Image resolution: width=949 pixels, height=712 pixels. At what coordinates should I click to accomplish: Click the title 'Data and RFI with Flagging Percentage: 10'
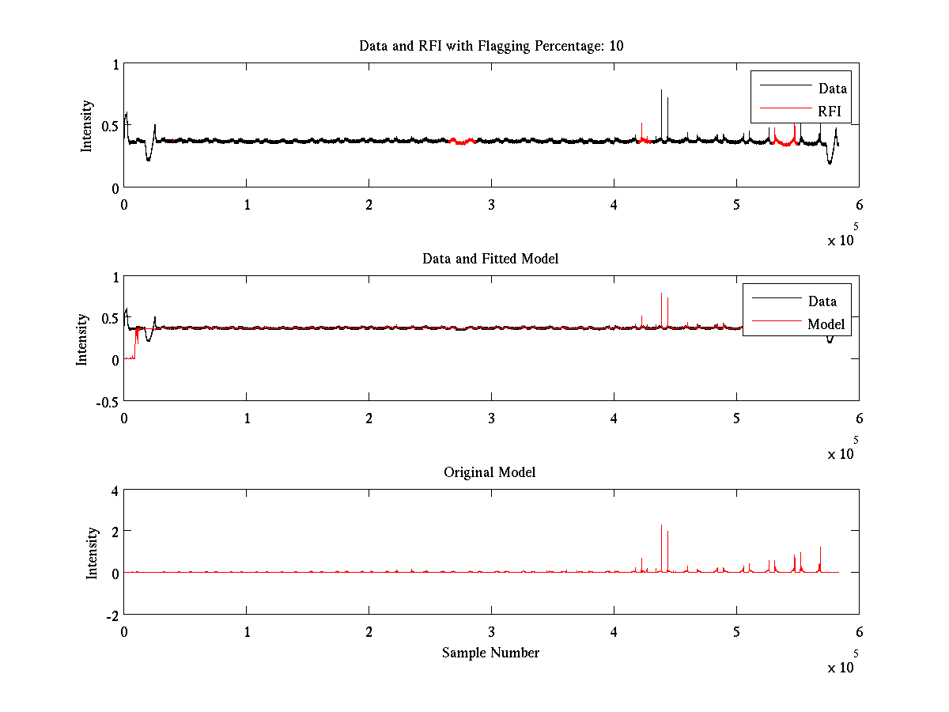(x=491, y=46)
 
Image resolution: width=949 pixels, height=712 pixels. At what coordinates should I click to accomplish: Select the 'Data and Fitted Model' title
(x=490, y=259)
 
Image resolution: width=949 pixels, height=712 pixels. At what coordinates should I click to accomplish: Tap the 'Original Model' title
(x=490, y=472)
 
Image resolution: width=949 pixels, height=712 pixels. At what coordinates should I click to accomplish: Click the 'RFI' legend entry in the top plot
(x=830, y=112)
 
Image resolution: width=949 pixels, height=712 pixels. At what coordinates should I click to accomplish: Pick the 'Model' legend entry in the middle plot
(x=826, y=324)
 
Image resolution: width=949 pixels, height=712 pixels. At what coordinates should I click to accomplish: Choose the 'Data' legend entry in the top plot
(x=832, y=89)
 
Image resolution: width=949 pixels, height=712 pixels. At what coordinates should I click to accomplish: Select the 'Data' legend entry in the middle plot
(x=822, y=301)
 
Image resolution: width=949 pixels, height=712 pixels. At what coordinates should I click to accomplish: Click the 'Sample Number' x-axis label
(x=490, y=653)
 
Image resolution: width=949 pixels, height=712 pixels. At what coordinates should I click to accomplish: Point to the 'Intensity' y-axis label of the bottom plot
(x=92, y=553)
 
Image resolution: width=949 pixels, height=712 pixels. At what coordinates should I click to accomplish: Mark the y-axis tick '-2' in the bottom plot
(x=110, y=615)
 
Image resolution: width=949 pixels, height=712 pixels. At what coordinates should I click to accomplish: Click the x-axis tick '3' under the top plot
(x=492, y=203)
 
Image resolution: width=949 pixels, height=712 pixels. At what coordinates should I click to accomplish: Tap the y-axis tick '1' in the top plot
(x=115, y=65)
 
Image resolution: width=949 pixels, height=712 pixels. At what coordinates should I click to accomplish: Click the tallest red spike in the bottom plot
(x=661, y=526)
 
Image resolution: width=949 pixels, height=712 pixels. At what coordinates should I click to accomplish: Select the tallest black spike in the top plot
(x=661, y=92)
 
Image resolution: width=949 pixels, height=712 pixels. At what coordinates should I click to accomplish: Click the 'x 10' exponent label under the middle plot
(x=841, y=453)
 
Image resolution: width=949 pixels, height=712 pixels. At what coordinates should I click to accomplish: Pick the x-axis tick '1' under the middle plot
(x=247, y=417)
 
